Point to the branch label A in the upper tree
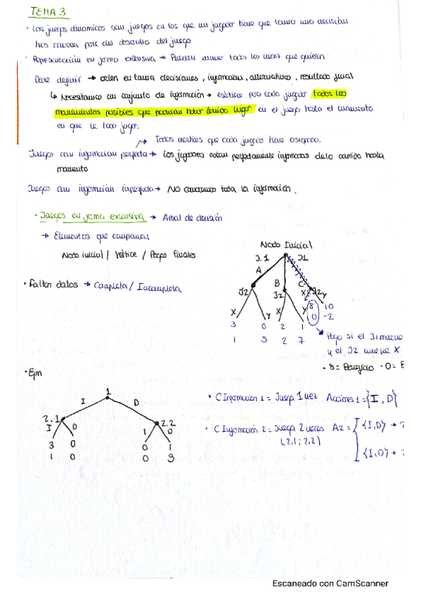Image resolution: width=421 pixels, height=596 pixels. pyautogui.click(x=259, y=269)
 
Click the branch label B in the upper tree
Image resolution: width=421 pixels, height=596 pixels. pyautogui.click(x=277, y=283)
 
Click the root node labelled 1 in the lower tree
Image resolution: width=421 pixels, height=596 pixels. pyautogui.click(x=108, y=391)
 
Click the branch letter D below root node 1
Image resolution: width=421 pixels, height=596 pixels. pyautogui.click(x=135, y=401)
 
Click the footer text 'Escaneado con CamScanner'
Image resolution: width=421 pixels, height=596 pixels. pyautogui.click(x=330, y=583)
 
